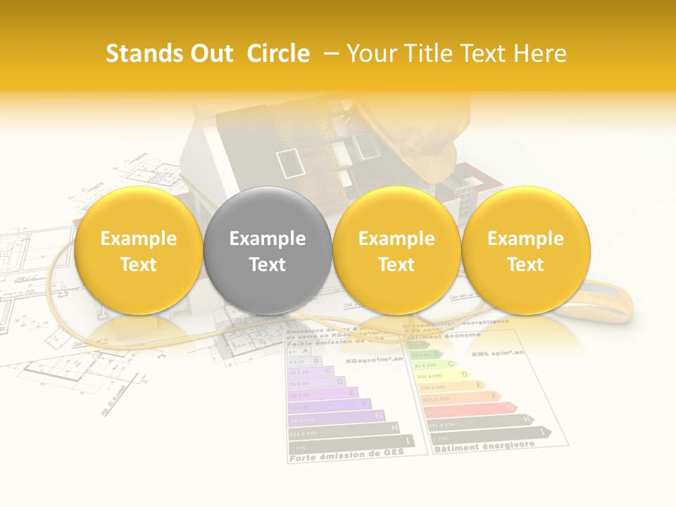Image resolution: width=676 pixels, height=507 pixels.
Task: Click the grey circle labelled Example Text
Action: point(268,250)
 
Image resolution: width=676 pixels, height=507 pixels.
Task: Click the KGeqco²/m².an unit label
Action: point(374,359)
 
